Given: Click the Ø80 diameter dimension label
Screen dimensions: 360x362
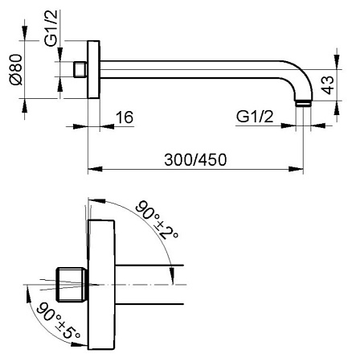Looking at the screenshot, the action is [x=17, y=69].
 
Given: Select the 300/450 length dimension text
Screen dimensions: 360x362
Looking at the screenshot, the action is [x=195, y=159].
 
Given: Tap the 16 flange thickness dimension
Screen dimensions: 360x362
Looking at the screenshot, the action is [x=125, y=117].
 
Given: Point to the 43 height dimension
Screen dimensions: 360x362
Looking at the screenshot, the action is [x=329, y=85].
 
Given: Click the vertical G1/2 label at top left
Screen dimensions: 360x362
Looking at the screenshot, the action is [x=51, y=28].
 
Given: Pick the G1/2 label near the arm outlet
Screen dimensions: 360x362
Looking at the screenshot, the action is [x=255, y=117].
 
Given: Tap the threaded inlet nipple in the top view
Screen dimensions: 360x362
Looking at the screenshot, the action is [x=80, y=69].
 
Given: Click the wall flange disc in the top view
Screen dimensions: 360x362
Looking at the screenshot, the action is [x=94, y=69].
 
